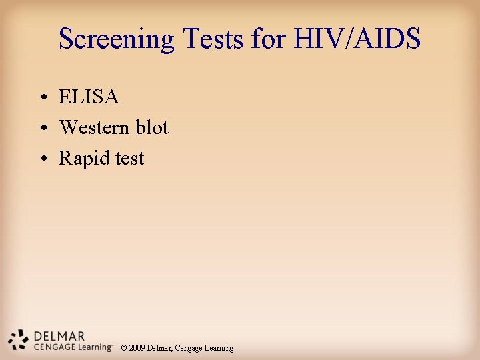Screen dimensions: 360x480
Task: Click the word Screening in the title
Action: pos(117,39)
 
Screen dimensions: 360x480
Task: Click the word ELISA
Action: pos(89,97)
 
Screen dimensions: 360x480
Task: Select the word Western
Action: pos(94,127)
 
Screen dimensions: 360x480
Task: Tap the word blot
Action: pos(151,127)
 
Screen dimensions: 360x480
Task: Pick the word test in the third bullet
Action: pos(127,158)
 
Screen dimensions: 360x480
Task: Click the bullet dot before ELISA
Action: pos(42,99)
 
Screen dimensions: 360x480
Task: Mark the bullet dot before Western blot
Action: pos(42,129)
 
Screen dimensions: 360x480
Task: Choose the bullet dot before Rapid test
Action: pos(42,159)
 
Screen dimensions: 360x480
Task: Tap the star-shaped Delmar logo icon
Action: pos(19,340)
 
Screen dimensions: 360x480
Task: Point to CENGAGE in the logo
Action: pos(53,347)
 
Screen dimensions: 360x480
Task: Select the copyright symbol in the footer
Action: pos(124,348)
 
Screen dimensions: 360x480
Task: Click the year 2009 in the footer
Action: pos(137,348)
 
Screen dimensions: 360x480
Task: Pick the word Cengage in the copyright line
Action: pos(191,348)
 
